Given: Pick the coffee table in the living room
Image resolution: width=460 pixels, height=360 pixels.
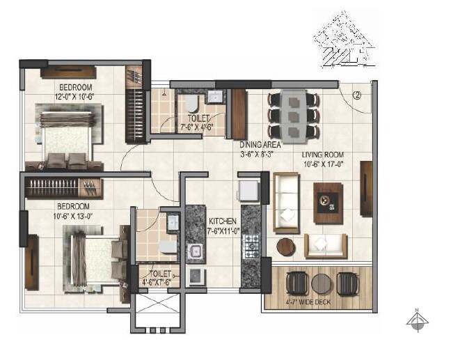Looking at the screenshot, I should pyautogui.click(x=327, y=202).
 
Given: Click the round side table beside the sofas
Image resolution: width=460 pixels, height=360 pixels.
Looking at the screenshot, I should pyautogui.click(x=286, y=246).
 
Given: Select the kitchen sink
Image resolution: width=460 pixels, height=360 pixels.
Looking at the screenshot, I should pyautogui.click(x=196, y=251).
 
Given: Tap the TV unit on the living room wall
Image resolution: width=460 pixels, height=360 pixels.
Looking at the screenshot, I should pyautogui.click(x=365, y=188).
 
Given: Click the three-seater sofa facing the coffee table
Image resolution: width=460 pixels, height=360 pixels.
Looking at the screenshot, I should pyautogui.click(x=285, y=202).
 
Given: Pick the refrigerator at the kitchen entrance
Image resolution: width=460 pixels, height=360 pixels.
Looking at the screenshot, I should pyautogui.click(x=248, y=189).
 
